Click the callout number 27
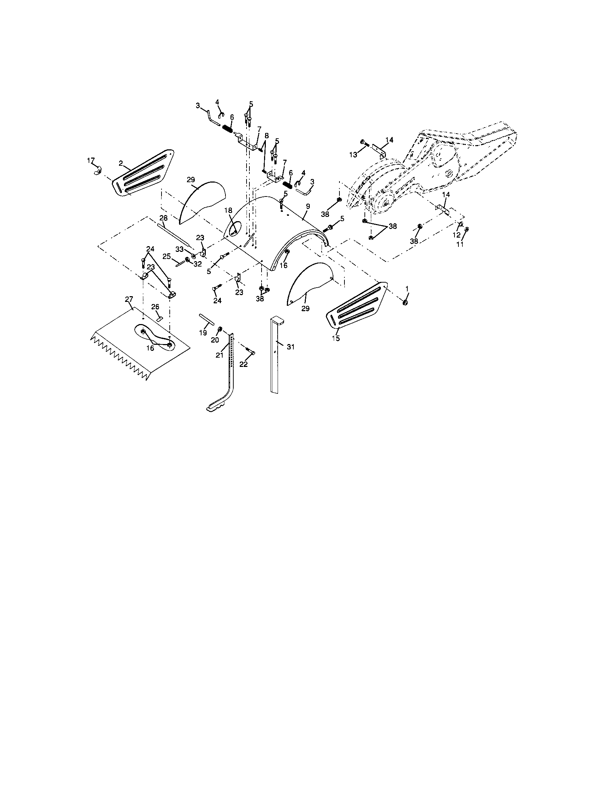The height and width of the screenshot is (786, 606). pyautogui.click(x=129, y=299)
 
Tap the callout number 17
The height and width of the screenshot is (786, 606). pyautogui.click(x=91, y=160)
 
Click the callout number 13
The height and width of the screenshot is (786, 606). pyautogui.click(x=353, y=154)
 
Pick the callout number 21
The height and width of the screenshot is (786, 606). pyautogui.click(x=220, y=355)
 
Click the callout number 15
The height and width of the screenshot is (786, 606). pyautogui.click(x=336, y=338)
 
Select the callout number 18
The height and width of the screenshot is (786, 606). pyautogui.click(x=228, y=210)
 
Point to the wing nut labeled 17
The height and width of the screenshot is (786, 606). pyautogui.click(x=98, y=173)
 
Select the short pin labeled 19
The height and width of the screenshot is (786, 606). pyautogui.click(x=207, y=319)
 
